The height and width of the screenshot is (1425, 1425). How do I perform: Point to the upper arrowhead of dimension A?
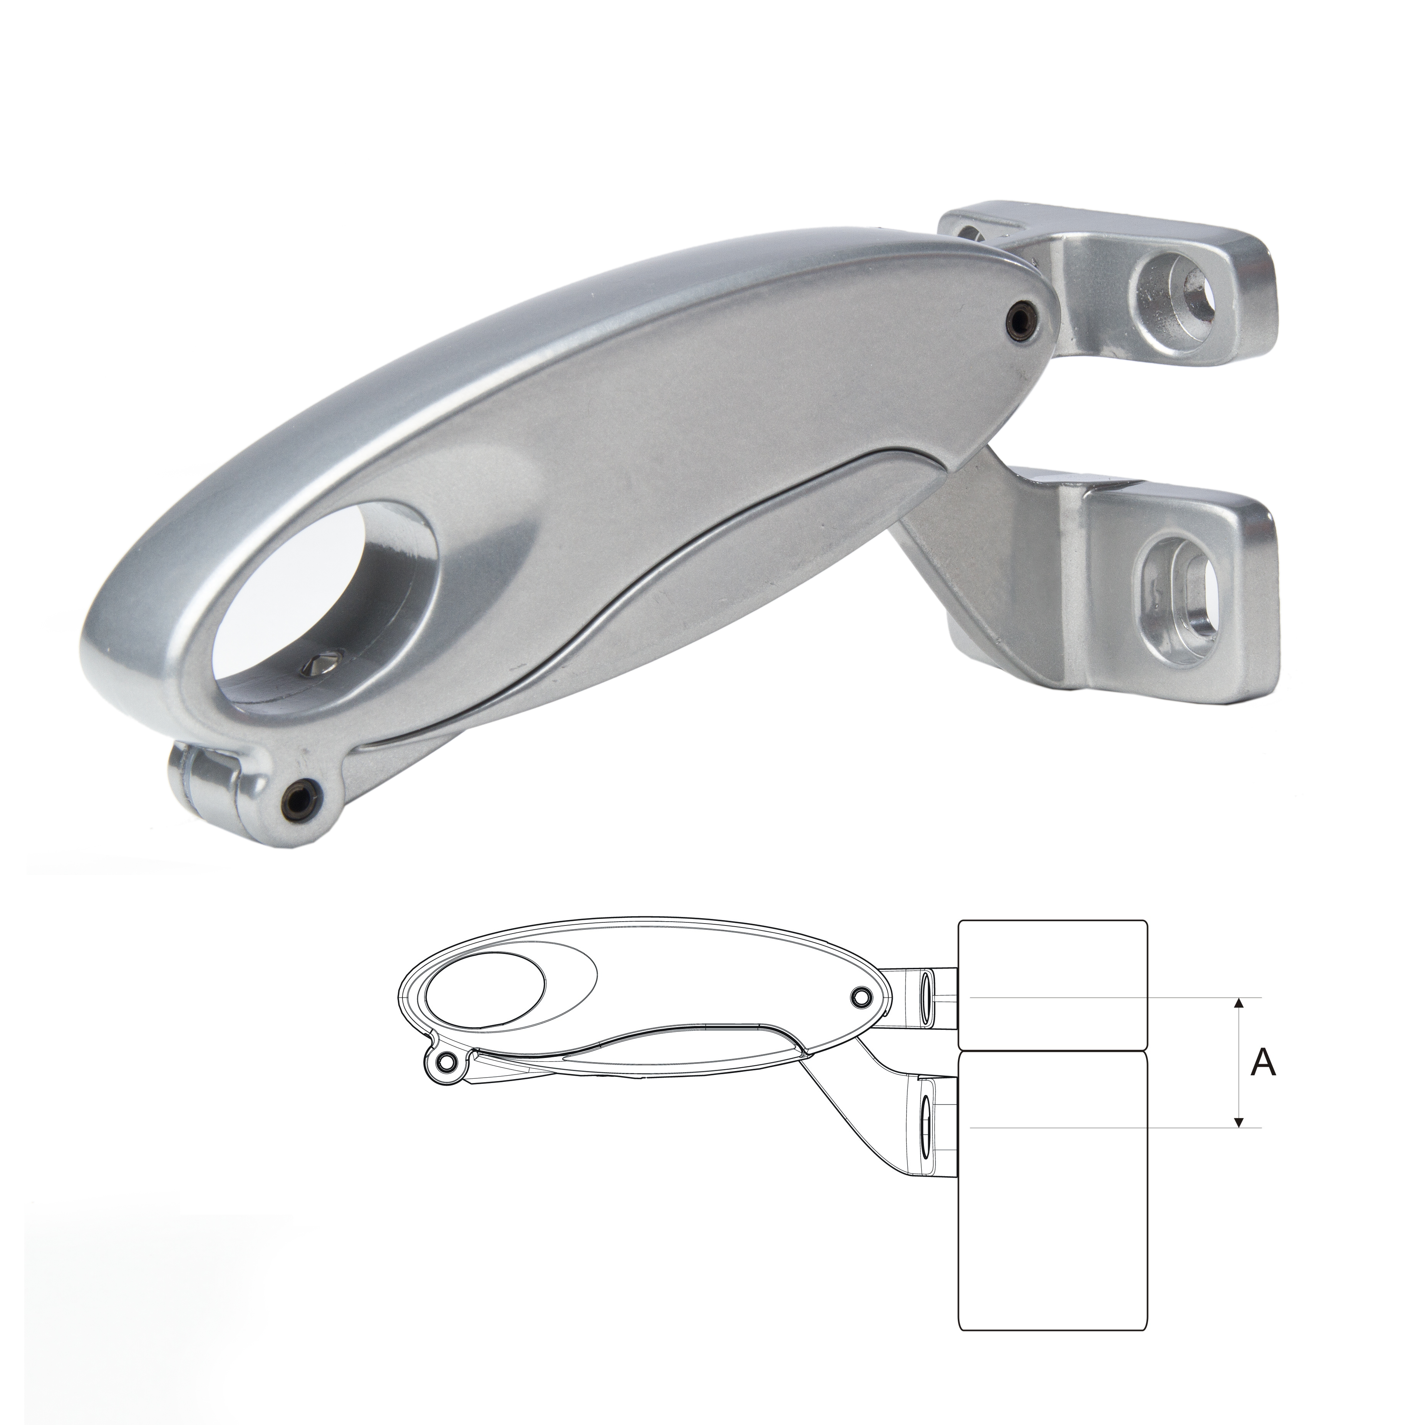[x=1240, y=1003]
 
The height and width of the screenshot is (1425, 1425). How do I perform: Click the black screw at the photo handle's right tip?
[x=1021, y=317]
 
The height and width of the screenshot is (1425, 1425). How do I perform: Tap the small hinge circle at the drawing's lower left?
[x=445, y=1062]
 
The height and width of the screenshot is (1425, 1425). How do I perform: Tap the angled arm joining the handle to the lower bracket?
[x=959, y=546]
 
